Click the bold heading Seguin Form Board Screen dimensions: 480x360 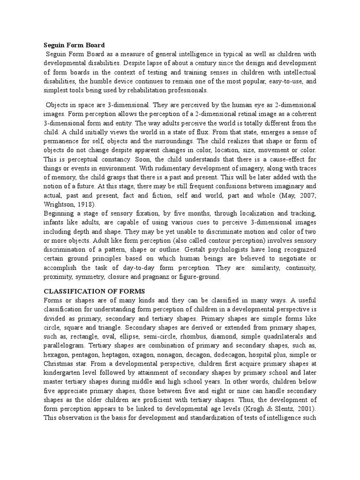[75, 45]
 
